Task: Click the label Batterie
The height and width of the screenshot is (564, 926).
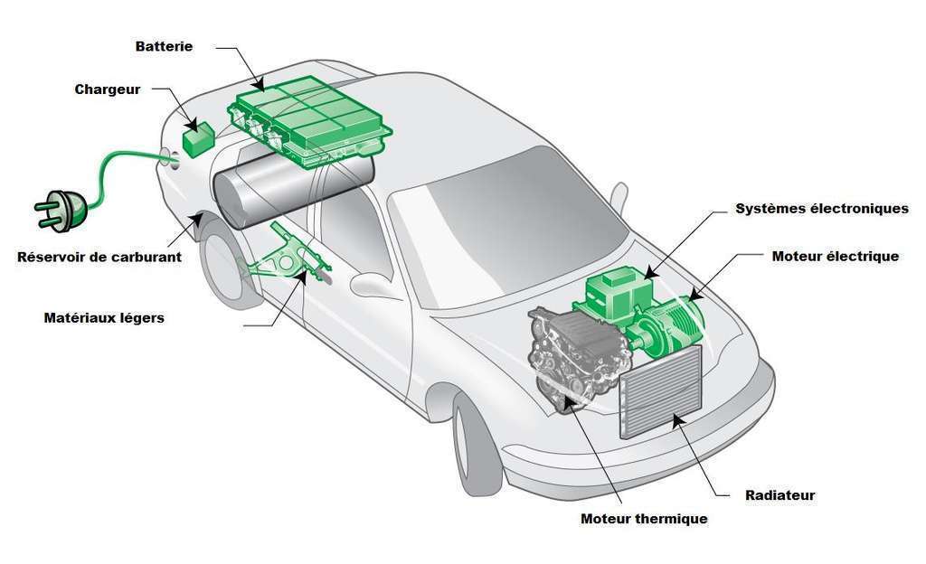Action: coord(164,46)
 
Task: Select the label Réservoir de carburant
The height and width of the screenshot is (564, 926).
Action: coord(99,257)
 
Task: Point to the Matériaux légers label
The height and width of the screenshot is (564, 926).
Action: coord(104,318)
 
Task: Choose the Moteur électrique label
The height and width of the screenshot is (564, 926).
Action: coord(836,256)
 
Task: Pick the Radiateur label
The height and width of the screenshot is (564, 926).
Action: coord(780,495)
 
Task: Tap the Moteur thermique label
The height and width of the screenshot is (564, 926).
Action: coord(643,519)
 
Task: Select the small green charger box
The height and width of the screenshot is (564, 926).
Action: coord(196,139)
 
